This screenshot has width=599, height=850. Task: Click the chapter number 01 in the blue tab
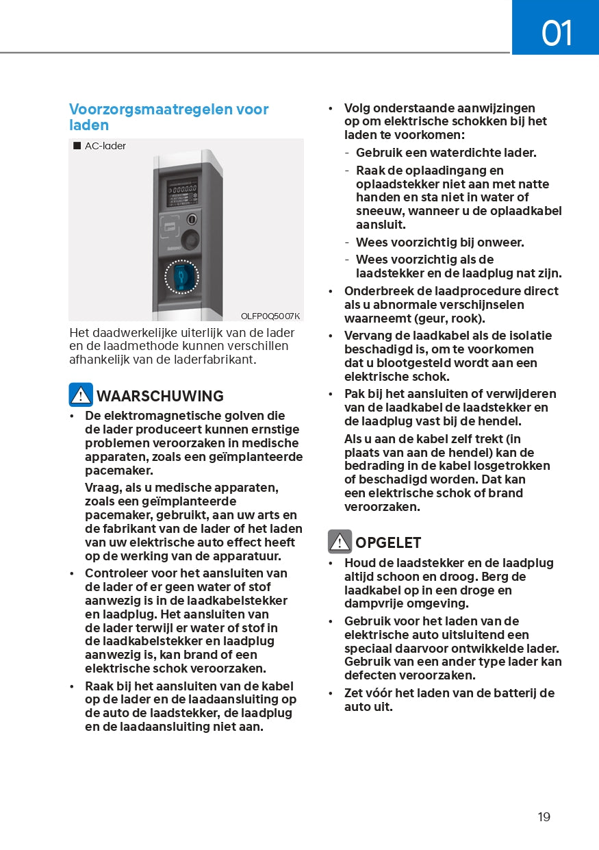click(x=556, y=32)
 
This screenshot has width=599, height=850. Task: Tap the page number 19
click(x=544, y=816)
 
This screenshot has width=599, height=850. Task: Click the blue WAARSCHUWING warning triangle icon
click(x=81, y=395)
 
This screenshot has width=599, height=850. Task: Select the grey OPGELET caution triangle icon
click(x=340, y=542)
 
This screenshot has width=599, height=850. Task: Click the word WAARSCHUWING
click(x=160, y=396)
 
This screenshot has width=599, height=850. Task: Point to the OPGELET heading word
click(x=388, y=542)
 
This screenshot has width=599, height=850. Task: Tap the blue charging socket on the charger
click(x=181, y=277)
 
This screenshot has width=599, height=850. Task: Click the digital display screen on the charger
click(x=182, y=192)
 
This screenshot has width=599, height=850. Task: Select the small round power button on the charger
click(x=192, y=220)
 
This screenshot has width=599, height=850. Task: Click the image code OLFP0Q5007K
click(x=270, y=316)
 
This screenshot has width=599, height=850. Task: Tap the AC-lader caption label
click(x=105, y=146)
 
